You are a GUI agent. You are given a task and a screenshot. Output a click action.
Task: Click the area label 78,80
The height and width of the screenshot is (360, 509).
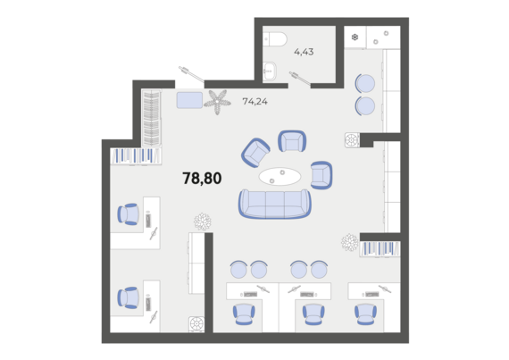pos(202,179)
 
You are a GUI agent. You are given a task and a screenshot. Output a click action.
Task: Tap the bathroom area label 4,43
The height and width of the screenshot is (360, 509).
pos(304,52)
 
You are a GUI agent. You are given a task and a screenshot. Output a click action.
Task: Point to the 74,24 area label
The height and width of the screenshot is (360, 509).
pos(255,102)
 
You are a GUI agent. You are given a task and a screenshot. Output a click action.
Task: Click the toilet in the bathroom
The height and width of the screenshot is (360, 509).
pos(275,39)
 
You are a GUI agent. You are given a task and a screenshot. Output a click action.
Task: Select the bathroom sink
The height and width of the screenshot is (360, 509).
pos(270,71)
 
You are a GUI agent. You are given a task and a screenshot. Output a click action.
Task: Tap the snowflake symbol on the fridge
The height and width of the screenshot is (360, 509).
pos(355,38)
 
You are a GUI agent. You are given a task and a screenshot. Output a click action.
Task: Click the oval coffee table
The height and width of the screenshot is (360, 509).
pos(280,176)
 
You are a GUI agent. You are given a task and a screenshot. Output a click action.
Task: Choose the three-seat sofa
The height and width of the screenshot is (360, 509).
pos(275,204)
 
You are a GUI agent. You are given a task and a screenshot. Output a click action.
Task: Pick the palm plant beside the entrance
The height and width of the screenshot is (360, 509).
pos(217,102)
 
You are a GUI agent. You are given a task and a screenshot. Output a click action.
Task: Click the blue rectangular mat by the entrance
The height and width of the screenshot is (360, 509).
pos(189,100)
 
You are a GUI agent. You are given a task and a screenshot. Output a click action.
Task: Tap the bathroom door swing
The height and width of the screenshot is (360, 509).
pos(300,79)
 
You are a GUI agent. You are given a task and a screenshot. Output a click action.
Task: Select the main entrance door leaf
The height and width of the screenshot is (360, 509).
pos(191,74)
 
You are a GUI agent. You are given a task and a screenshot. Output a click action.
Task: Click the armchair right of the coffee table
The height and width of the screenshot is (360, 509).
pos(321,175)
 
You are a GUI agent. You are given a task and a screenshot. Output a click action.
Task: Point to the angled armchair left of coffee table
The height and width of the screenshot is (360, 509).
pos(255,153)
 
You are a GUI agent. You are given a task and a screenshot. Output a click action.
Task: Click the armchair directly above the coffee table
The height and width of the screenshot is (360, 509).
pos(292,141)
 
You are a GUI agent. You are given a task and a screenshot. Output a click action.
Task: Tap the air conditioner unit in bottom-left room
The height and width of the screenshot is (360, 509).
pos(196,324)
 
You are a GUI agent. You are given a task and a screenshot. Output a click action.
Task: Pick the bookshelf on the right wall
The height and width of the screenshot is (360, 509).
pos(380,249)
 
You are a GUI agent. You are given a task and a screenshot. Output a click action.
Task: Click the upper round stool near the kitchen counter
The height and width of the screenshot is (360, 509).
pos(365,83)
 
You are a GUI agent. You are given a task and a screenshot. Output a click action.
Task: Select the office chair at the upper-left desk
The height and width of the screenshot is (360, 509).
pos(129,214)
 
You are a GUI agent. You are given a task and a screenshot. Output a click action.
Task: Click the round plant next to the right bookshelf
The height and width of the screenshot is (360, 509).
pos(350,242)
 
